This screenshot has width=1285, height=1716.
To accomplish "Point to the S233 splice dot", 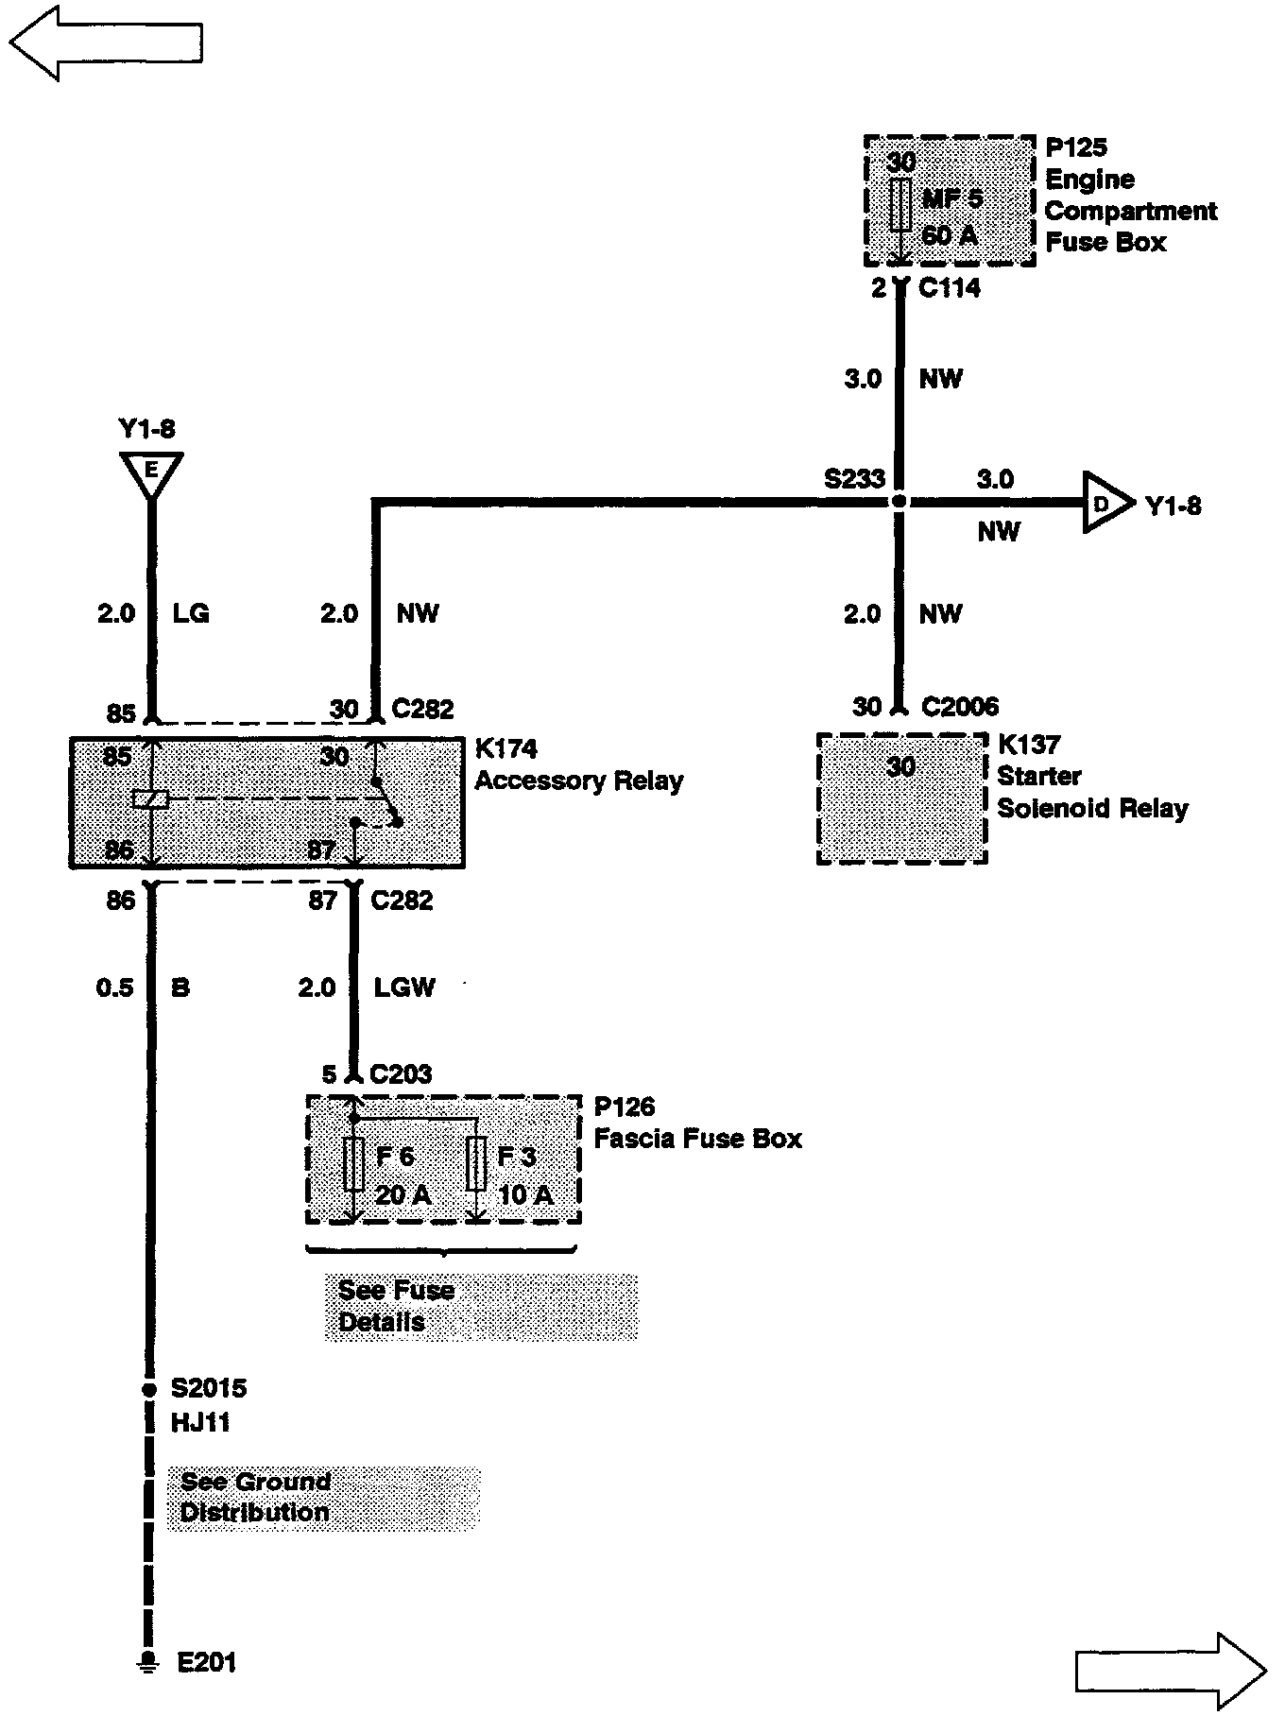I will [899, 502].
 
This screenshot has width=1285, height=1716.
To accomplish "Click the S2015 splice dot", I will [148, 1389].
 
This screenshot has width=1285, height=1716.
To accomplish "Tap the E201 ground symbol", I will [147, 1662].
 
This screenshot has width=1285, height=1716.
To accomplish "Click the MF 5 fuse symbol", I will [900, 204].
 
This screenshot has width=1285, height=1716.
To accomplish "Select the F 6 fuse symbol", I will [353, 1164].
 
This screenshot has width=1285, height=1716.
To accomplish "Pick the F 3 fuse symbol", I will [477, 1164].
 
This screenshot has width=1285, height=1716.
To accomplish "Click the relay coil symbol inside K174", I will [151, 799].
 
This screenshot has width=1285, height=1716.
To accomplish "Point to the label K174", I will [505, 749].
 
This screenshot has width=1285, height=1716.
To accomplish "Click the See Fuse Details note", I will [480, 1306].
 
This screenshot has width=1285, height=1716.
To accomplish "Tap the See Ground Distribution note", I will [323, 1498].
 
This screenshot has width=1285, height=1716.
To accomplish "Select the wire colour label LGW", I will [404, 988].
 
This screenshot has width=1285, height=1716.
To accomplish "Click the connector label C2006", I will [960, 707].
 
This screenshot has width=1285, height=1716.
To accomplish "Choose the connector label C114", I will [950, 288].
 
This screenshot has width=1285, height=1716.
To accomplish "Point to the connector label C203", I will [401, 1074].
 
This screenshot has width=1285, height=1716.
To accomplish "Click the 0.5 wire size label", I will [115, 988].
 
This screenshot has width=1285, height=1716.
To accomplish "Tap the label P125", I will [1076, 147].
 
